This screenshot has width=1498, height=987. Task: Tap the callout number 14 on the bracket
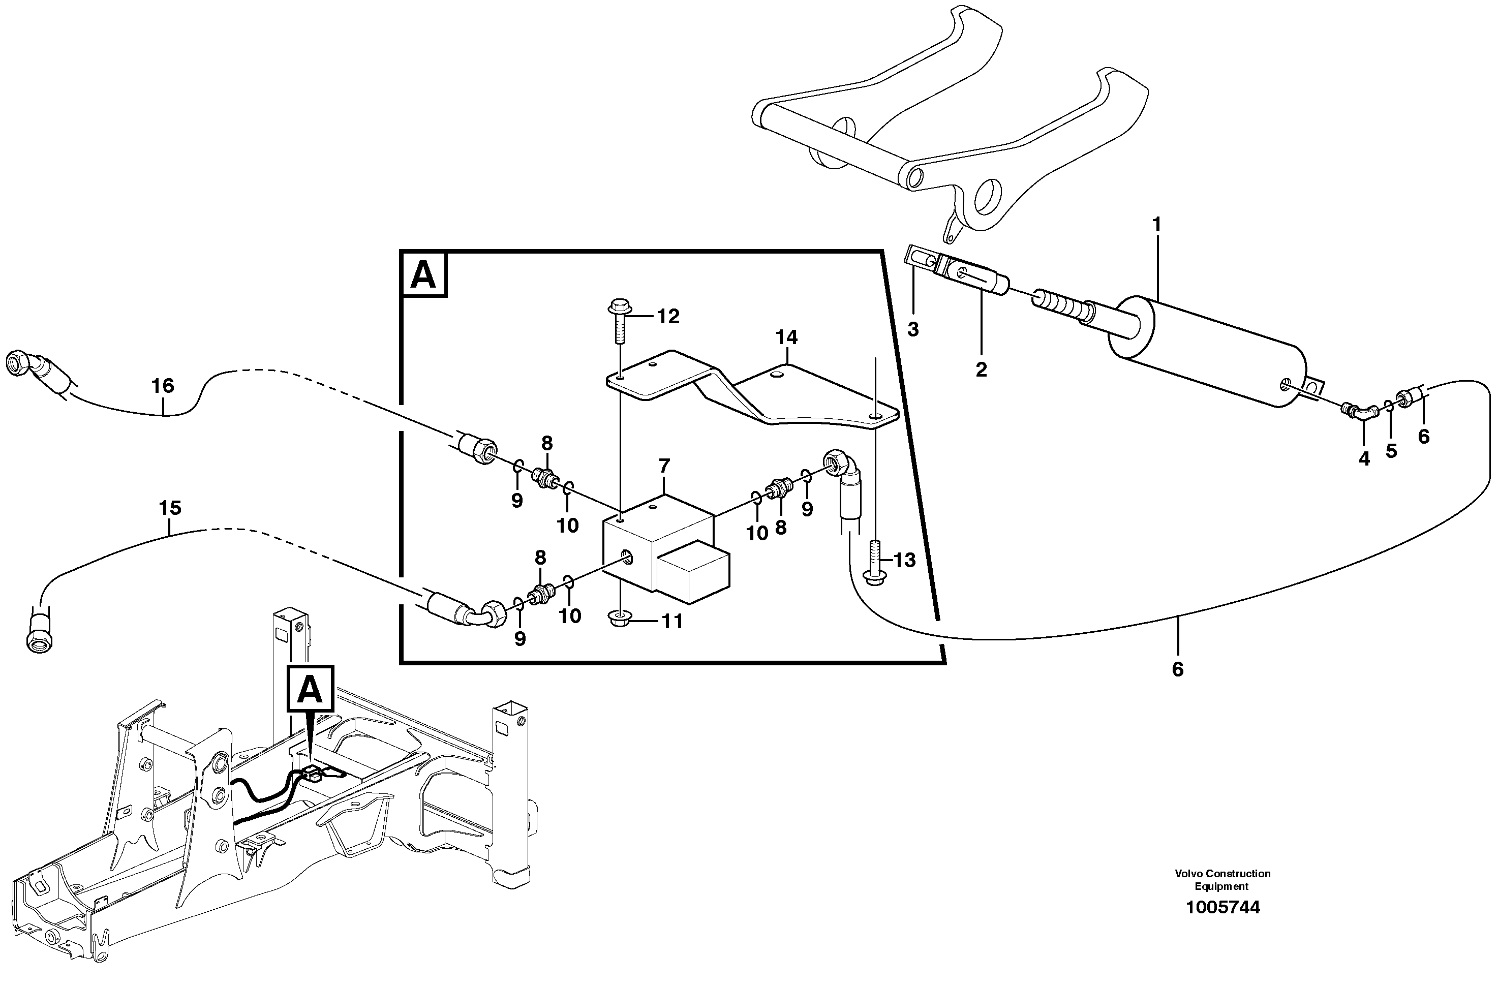coord(786,338)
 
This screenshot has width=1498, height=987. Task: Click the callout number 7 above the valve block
coord(664,467)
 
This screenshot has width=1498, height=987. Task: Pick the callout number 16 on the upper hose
coord(162,386)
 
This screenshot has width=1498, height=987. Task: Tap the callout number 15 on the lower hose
coord(170,508)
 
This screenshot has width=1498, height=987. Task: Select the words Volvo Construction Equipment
coord(1222,880)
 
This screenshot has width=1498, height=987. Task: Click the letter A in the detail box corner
coord(423,274)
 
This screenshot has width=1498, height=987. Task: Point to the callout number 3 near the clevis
coord(912,329)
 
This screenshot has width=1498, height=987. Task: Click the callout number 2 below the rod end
coord(981,370)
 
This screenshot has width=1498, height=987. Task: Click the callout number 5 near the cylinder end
coord(1391,451)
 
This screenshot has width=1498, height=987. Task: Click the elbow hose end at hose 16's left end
coord(25,365)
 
